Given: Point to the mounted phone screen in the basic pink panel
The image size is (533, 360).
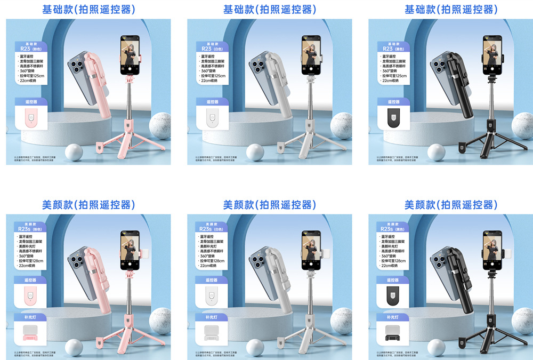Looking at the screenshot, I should click(130, 55).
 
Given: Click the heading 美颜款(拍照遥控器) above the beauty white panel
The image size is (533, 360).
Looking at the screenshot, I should click(269, 205).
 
